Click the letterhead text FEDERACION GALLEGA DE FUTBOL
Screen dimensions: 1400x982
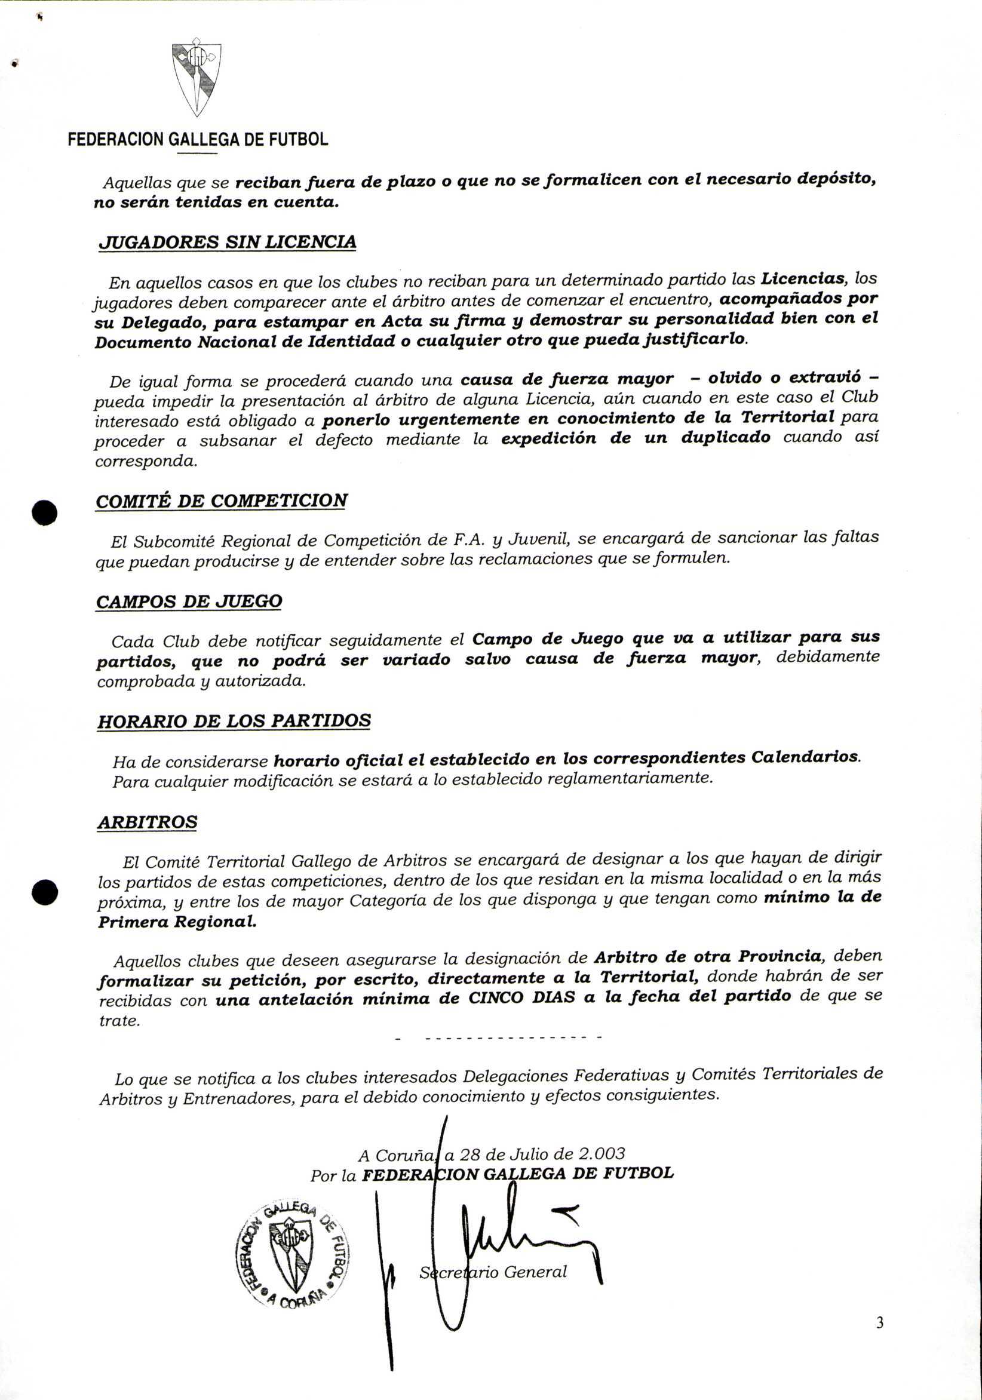click(198, 140)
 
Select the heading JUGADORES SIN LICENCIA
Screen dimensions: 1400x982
click(227, 242)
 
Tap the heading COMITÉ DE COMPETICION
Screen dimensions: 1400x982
click(222, 501)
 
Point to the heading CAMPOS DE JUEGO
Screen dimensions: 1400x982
click(189, 601)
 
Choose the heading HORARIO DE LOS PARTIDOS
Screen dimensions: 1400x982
click(234, 721)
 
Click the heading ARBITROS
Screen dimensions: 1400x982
click(147, 821)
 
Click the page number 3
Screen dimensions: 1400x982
click(879, 1340)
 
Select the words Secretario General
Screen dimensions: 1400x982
click(493, 1272)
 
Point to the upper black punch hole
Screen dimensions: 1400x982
click(45, 512)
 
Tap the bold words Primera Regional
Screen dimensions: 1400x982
click(177, 922)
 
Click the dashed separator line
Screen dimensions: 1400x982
click(499, 1037)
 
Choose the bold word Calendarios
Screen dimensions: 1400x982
click(805, 757)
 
